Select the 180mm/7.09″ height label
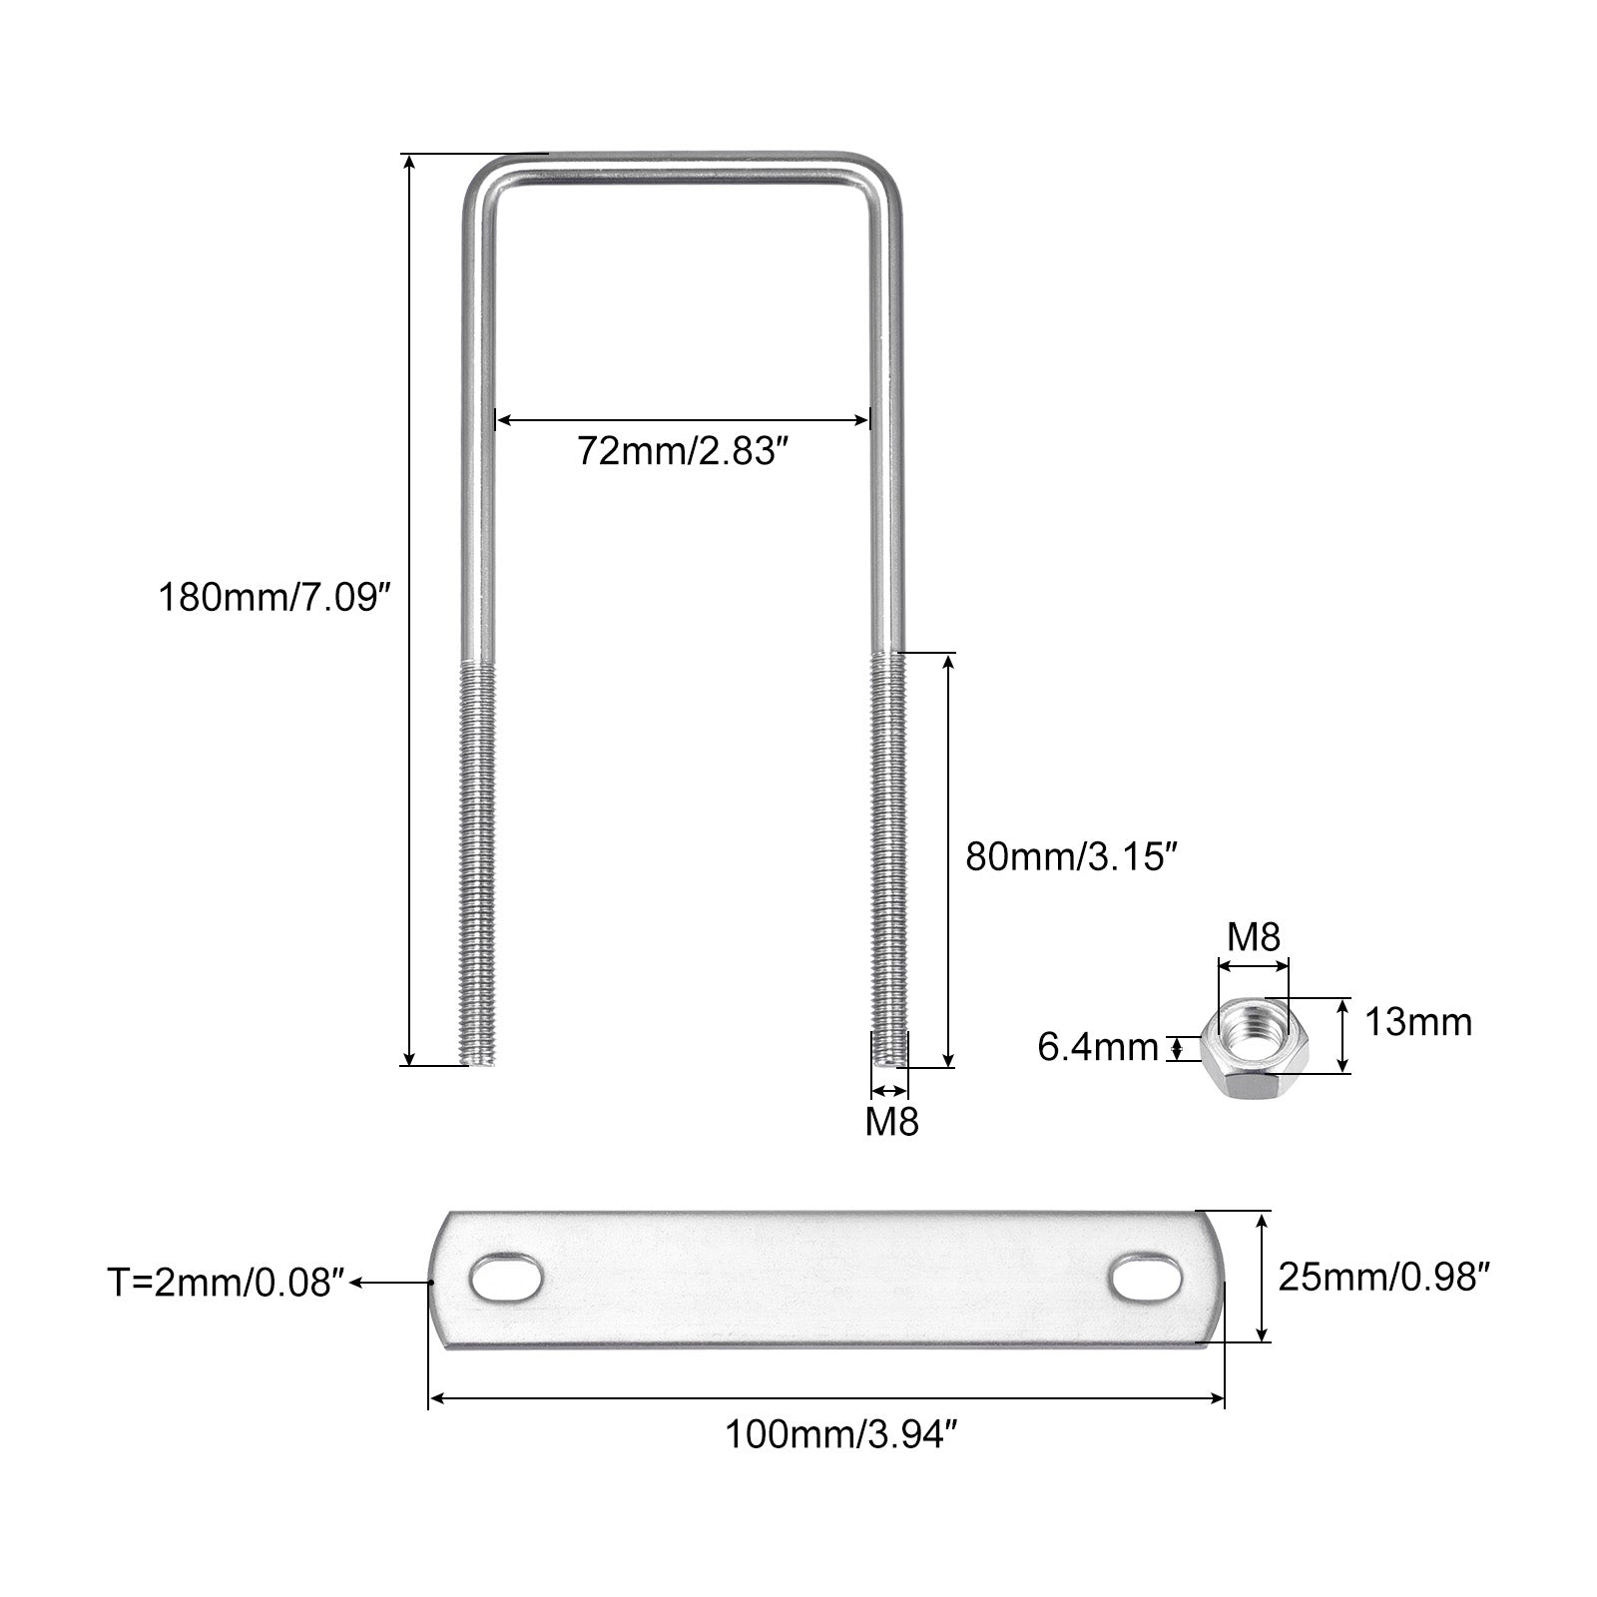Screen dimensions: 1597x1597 pos(271,599)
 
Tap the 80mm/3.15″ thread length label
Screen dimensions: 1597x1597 pos(1065,857)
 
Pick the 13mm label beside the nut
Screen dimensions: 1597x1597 pos(1417,1022)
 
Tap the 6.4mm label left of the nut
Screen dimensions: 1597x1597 pos(1098,1047)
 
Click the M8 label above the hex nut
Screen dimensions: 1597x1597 pos(1254,937)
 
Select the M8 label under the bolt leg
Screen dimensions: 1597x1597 pos(891,1122)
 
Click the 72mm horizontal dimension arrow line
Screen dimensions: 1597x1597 pos(683,420)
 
